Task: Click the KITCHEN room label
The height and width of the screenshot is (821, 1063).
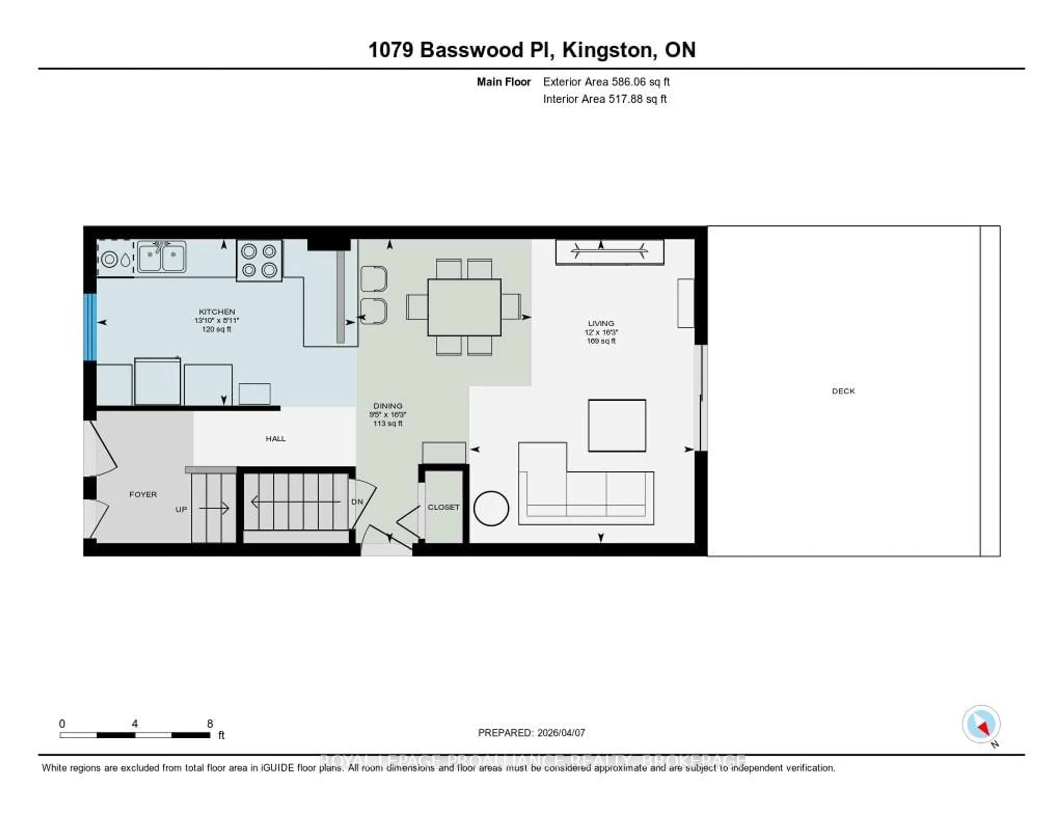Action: point(216,311)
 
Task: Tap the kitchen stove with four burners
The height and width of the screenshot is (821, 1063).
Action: point(259,260)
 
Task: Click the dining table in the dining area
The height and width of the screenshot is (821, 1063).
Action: point(464,307)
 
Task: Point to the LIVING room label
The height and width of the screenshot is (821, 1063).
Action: point(601,323)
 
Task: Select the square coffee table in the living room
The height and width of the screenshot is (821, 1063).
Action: point(617,425)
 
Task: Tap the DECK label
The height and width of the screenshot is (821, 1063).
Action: point(843,391)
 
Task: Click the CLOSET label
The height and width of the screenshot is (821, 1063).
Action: point(443,507)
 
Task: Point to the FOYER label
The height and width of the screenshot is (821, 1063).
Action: point(143,494)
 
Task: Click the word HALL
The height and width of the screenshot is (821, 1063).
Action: point(275,438)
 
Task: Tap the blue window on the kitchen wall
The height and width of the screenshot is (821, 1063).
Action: point(90,327)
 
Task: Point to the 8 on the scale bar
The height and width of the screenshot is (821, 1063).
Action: point(210,724)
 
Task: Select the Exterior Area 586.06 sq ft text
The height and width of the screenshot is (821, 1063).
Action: point(606,82)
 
